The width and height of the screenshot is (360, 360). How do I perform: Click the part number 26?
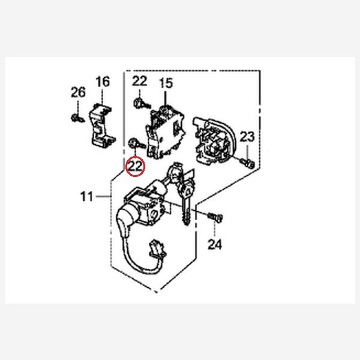point(79,92)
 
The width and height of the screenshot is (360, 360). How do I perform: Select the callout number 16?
point(103,81)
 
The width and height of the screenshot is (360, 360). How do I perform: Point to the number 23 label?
point(247,136)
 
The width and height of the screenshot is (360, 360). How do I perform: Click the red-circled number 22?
point(135,165)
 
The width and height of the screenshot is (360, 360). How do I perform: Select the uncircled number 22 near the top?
point(139,81)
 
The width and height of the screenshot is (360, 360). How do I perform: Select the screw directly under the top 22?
point(139,103)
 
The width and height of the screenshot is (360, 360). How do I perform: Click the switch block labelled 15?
point(164,129)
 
